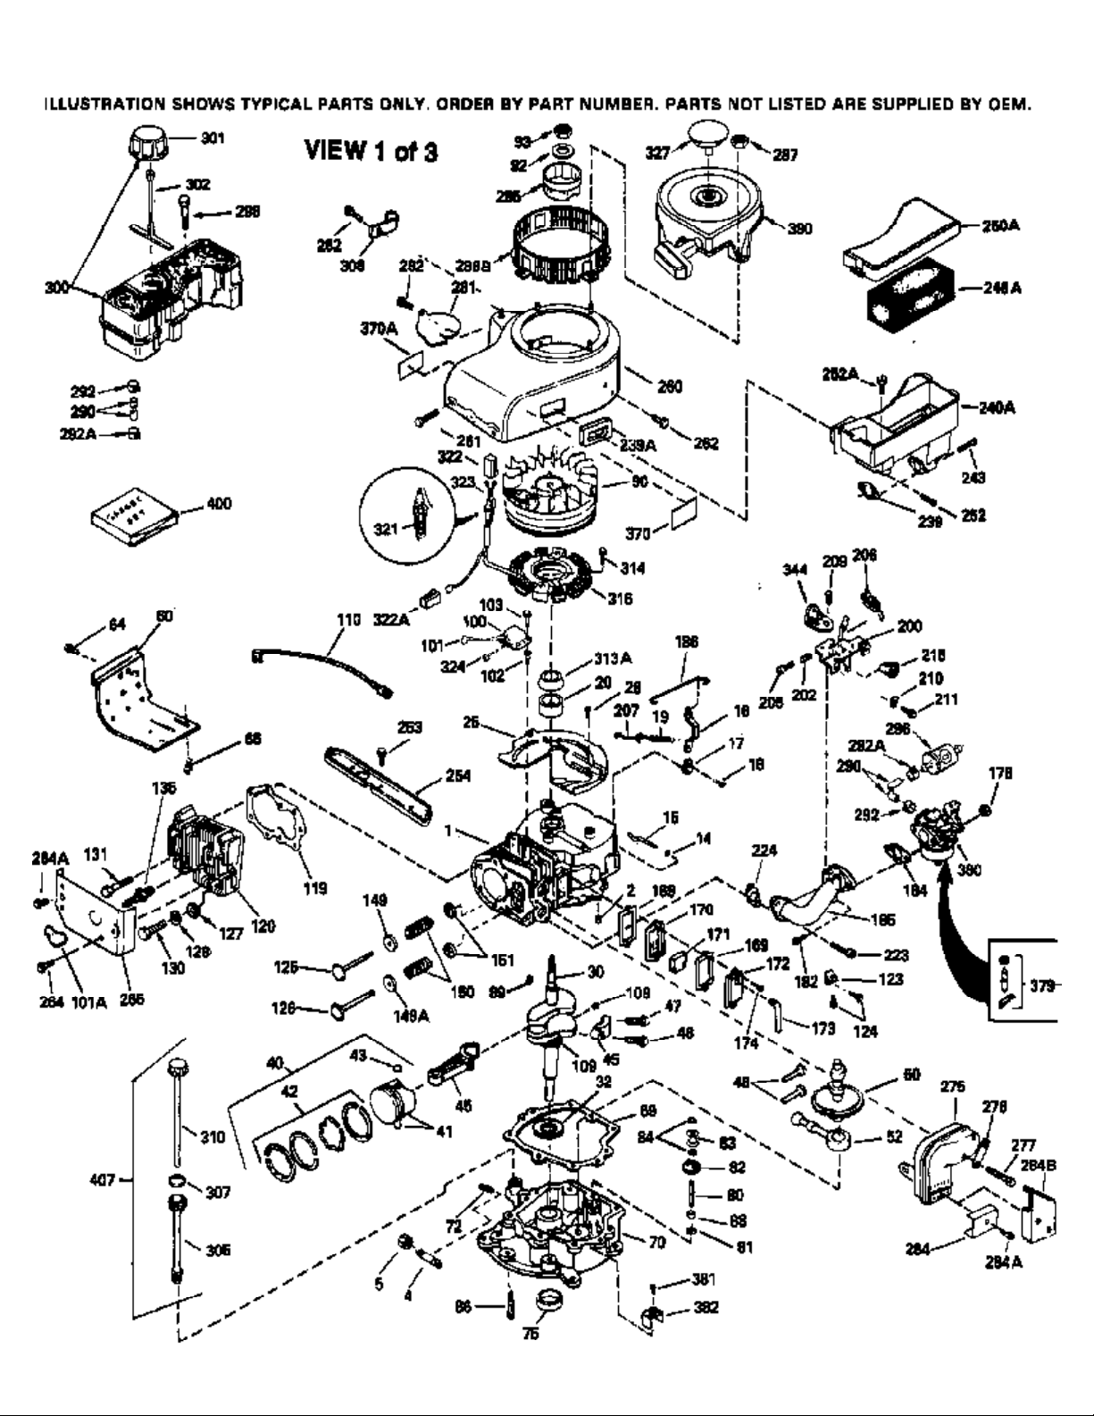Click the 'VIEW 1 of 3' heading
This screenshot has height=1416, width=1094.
click(x=372, y=151)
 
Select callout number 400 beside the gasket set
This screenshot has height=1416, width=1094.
click(x=219, y=504)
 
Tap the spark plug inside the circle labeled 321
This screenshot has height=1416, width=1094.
click(x=416, y=508)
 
